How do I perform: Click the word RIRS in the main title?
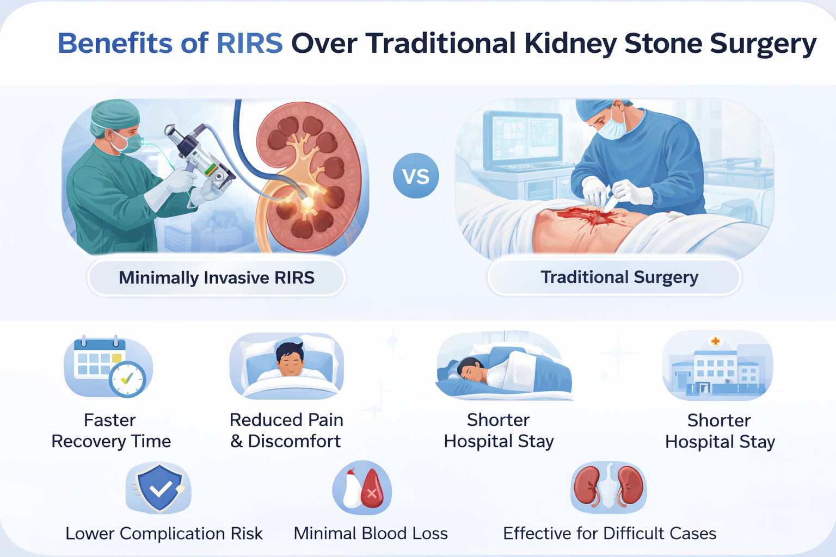point(249,44)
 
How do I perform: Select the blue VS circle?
point(416,176)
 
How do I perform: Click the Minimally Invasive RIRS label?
point(217,277)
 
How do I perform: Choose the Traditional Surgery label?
point(619,277)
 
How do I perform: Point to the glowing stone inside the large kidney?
point(308,203)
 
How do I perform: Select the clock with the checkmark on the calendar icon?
point(127,379)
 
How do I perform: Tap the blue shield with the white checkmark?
point(159,488)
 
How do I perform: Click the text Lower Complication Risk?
point(164,534)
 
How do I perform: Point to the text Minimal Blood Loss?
point(371,534)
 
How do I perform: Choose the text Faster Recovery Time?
point(111,431)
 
